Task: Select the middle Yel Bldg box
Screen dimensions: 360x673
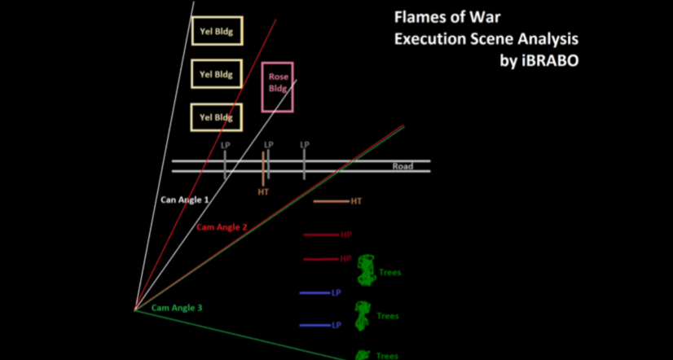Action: click(216, 74)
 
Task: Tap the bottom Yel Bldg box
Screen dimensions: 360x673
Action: click(216, 117)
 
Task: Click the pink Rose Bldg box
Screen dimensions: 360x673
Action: click(277, 86)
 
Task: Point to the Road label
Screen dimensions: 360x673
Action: click(402, 166)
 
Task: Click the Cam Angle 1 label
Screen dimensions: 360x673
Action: click(184, 199)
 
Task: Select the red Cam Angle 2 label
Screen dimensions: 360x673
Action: click(222, 227)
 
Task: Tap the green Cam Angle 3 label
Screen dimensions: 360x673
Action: click(177, 308)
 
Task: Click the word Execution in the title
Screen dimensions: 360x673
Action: click(430, 38)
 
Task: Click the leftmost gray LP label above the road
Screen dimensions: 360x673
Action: click(226, 145)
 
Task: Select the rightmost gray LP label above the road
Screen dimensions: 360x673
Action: click(305, 145)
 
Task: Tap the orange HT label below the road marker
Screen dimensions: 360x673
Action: click(263, 193)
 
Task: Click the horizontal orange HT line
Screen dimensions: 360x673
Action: click(331, 201)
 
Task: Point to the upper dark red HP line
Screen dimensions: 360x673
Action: click(321, 235)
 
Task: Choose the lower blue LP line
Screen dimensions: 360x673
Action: click(315, 325)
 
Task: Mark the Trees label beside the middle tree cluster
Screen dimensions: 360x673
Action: click(388, 316)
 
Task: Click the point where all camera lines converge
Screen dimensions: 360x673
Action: click(135, 310)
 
